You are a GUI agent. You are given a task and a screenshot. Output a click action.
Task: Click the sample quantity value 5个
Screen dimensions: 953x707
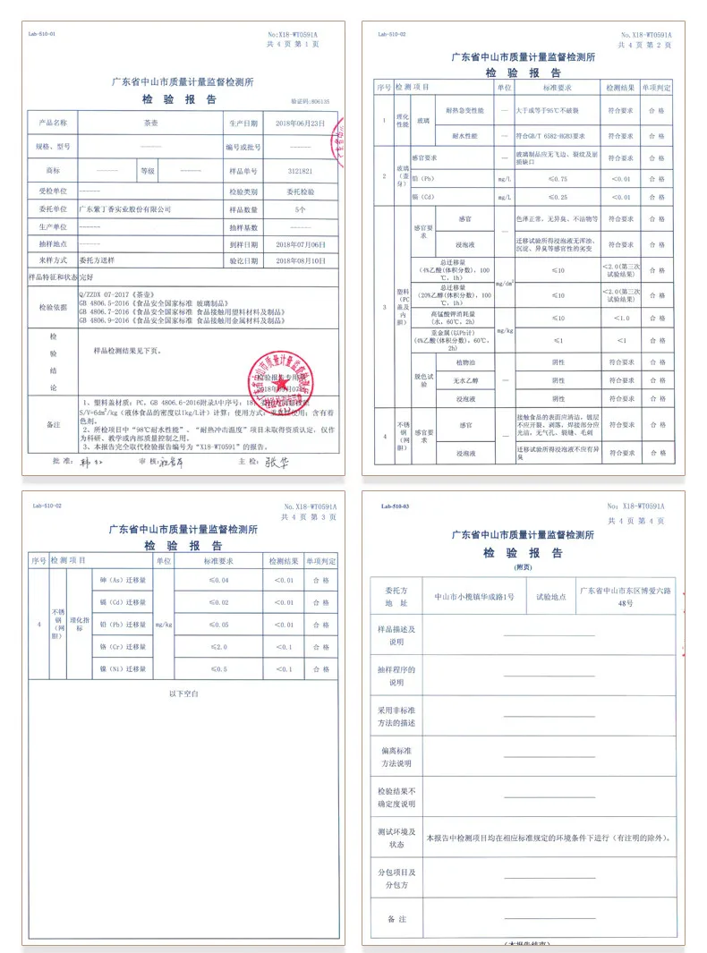300,208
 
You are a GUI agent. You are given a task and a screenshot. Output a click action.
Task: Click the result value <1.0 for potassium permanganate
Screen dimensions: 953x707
622,319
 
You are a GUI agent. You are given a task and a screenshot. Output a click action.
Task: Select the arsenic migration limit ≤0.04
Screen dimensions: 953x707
218,581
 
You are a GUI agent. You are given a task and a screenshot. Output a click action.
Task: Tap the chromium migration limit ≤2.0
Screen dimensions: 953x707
218,646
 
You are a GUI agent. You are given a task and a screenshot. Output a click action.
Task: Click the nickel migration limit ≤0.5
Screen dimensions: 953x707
218,668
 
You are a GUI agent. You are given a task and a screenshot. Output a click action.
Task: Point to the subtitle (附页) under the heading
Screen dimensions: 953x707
524,567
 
